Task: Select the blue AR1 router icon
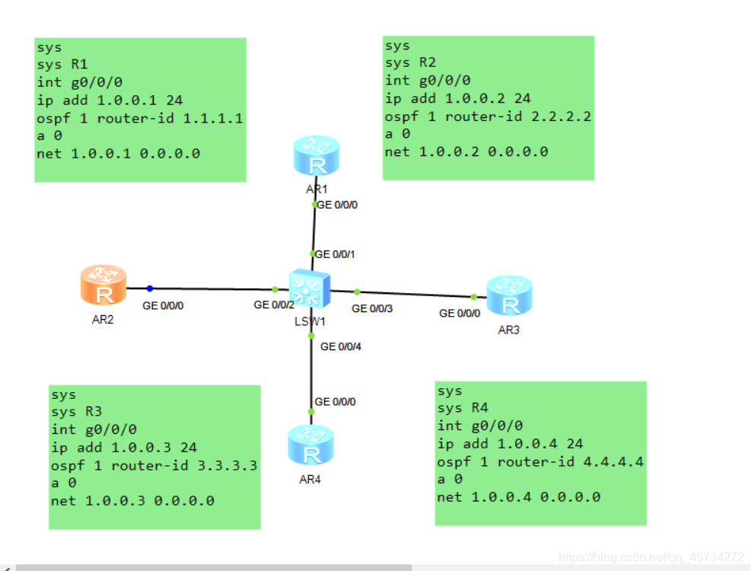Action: (315, 155)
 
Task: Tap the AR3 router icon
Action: (509, 296)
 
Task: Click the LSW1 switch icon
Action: (309, 289)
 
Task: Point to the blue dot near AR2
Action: (150, 289)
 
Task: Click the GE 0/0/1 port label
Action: (336, 254)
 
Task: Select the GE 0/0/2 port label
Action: (274, 305)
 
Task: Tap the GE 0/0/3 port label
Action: (373, 308)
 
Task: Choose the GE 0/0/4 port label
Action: (341, 346)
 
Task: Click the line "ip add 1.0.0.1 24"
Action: (110, 100)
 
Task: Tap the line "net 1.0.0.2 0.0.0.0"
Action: (466, 152)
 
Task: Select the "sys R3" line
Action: (76, 412)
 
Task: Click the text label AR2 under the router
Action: (103, 320)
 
